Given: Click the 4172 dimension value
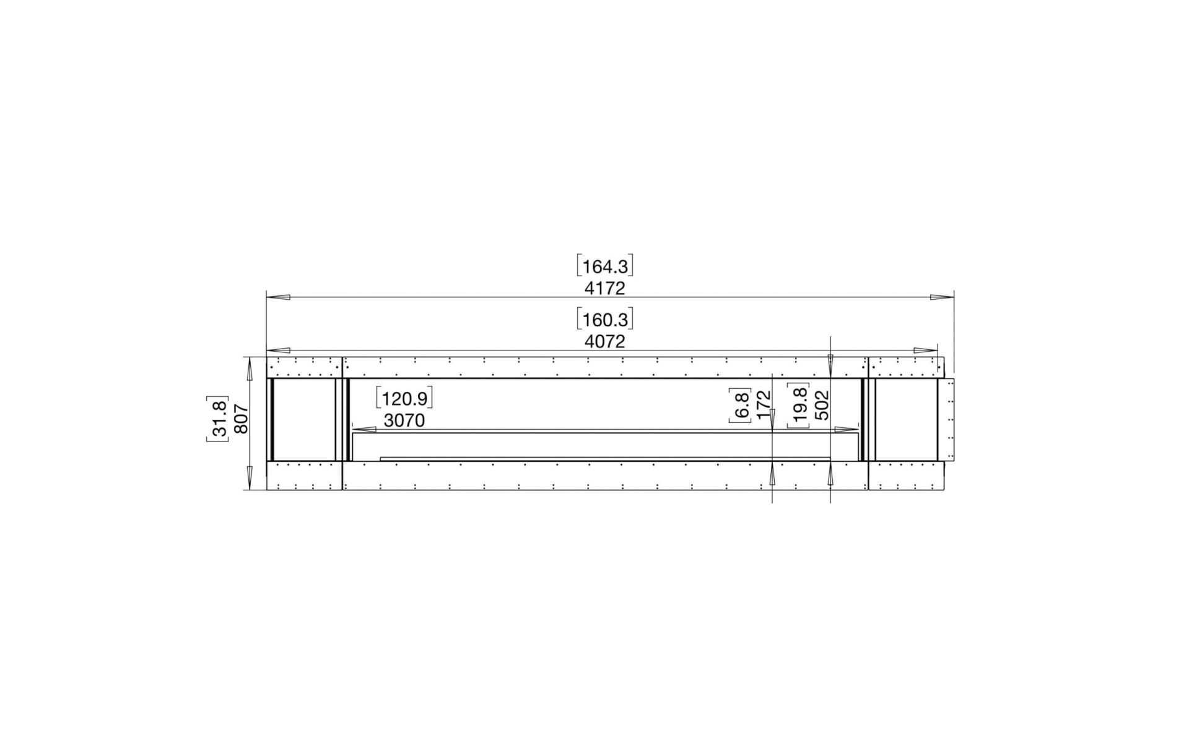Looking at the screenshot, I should click(604, 289).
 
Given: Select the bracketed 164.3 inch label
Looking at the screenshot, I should click(604, 267).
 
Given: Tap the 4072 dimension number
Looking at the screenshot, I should click(604, 342).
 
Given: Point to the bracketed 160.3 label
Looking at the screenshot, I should click(604, 320).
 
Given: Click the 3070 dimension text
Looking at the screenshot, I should click(404, 421).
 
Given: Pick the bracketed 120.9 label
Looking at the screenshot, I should click(404, 399).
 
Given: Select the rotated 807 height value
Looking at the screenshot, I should click(242, 419).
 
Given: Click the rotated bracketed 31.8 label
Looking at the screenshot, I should click(218, 419).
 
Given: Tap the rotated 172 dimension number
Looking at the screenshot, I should click(764, 405).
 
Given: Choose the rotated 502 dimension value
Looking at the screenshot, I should click(821, 405).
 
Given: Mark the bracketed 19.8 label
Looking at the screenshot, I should click(799, 405).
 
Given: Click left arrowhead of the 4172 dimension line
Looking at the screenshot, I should click(279, 297).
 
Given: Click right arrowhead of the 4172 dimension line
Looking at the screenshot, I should click(942, 297).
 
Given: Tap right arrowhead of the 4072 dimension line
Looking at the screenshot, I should click(926, 350).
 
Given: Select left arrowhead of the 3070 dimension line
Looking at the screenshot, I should click(364, 428).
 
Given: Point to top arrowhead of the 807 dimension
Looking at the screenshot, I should click(250, 370).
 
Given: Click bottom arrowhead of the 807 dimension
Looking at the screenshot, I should click(250, 476).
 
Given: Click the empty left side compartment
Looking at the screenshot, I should click(304, 419).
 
